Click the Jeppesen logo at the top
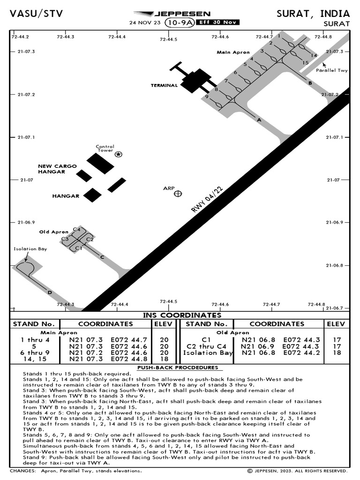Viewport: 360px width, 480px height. (172, 14)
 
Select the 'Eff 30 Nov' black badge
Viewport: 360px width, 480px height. (218, 22)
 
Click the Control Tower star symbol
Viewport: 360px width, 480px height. (118, 154)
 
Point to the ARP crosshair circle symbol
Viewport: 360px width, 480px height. (178, 194)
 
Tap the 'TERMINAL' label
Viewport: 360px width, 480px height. (164, 86)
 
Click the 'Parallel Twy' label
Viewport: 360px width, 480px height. (331, 70)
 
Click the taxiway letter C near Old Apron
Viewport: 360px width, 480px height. (102, 257)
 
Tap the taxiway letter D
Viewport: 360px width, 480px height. (49, 293)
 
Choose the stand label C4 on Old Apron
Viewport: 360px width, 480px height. (77, 229)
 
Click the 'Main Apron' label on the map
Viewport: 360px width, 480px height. (233, 52)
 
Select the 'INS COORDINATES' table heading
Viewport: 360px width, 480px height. (182, 315)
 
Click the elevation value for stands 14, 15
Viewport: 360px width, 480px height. (164, 359)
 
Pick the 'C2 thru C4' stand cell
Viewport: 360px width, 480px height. (207, 346)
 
